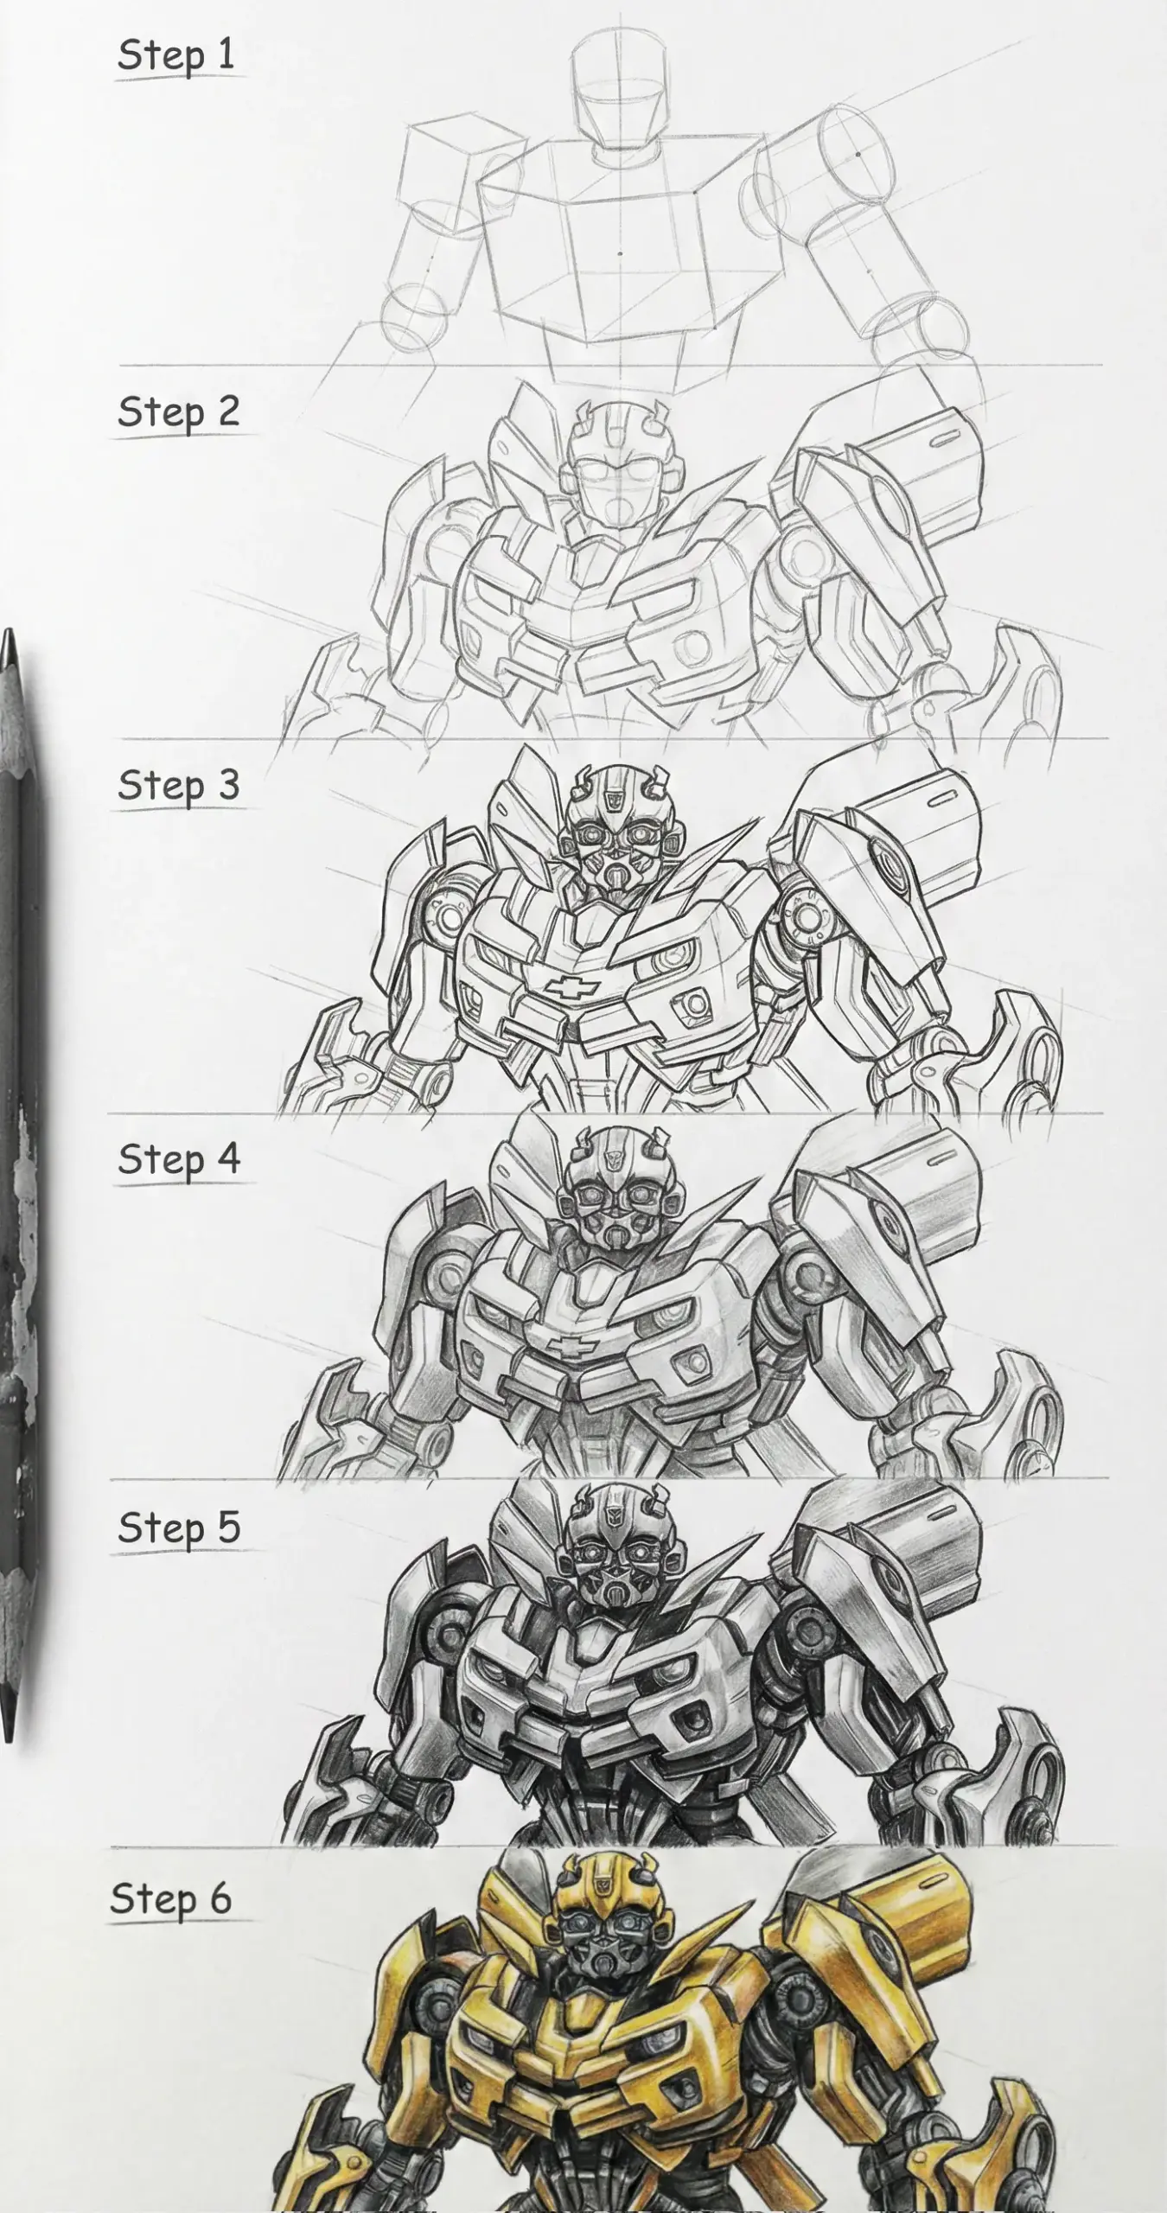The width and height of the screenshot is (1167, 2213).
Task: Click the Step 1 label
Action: tap(176, 55)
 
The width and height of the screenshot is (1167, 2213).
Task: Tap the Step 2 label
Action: tap(178, 411)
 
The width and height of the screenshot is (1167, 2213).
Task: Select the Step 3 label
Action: tap(178, 785)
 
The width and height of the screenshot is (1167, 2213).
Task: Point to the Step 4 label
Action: tap(178, 1159)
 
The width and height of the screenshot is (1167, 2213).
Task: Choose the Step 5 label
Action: tap(178, 1528)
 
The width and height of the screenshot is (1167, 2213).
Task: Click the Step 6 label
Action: tap(171, 1898)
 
